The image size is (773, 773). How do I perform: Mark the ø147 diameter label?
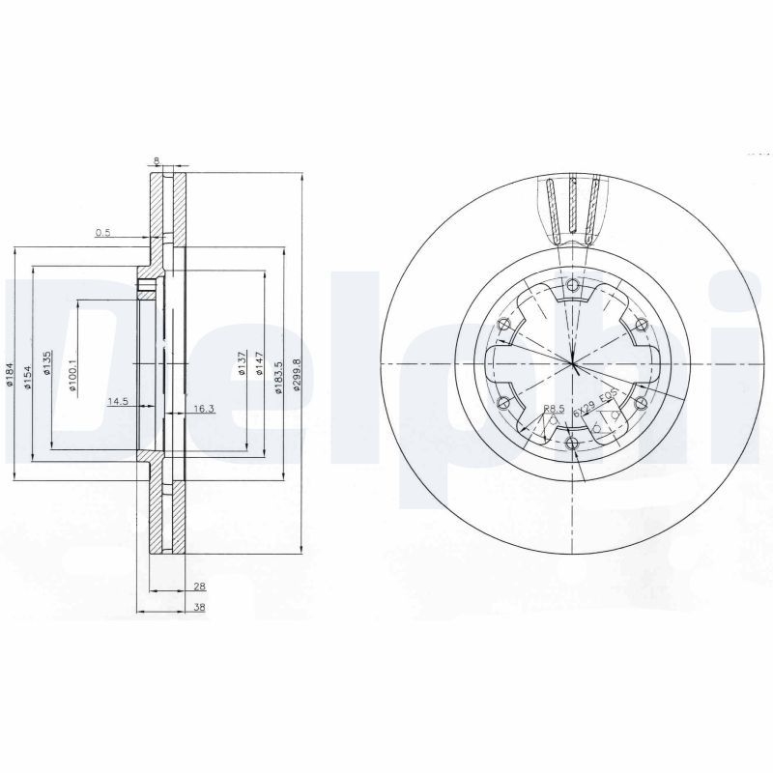(260, 365)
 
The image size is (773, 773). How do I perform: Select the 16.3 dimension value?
(203, 409)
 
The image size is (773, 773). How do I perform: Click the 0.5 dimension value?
(102, 233)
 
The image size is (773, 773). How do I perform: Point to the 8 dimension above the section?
(157, 160)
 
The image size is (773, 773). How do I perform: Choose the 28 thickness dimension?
(198, 587)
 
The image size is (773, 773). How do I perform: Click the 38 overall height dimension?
(198, 609)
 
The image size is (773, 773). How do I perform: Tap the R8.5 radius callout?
(553, 409)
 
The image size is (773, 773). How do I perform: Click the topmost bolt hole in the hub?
(573, 285)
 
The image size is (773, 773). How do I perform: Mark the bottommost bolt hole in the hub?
(573, 444)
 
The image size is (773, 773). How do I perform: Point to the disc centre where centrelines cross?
(573, 364)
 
